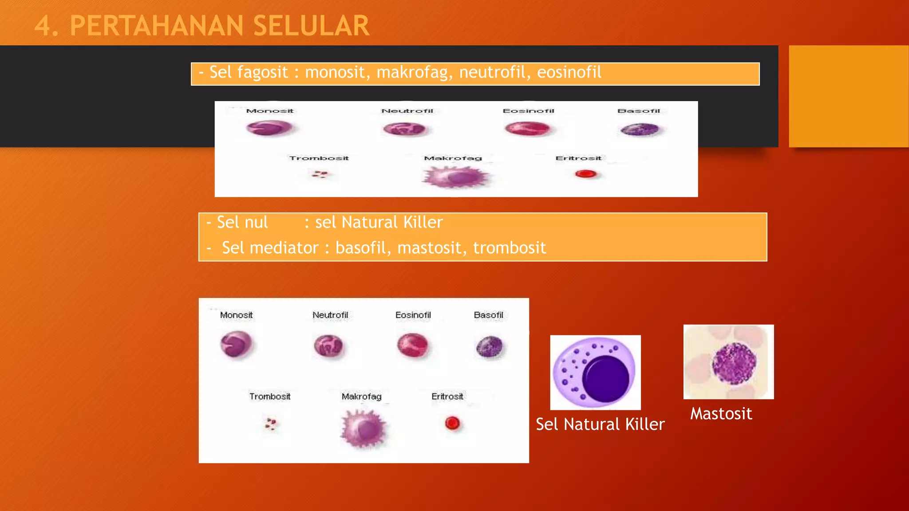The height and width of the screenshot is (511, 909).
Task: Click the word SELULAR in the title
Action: coord(311,26)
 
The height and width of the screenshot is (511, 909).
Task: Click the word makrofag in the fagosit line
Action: coord(412,72)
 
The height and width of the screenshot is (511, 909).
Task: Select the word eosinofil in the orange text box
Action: coord(569,72)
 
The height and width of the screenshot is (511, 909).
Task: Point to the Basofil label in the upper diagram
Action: coord(639,111)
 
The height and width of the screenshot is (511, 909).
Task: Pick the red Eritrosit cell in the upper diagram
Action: coord(585,174)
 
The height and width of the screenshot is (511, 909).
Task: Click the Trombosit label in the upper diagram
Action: coord(319,158)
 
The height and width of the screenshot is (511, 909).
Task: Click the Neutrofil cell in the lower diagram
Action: coord(328,346)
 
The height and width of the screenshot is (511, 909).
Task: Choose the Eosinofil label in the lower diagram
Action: coord(413,315)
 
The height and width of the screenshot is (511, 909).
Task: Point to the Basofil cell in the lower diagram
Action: coord(489,347)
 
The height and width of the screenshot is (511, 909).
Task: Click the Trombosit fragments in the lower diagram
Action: coord(270,424)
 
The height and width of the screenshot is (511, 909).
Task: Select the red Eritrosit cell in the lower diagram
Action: coord(452,423)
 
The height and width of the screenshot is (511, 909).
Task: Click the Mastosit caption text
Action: coord(721,414)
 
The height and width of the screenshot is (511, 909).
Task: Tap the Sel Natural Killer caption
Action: coord(600,425)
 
